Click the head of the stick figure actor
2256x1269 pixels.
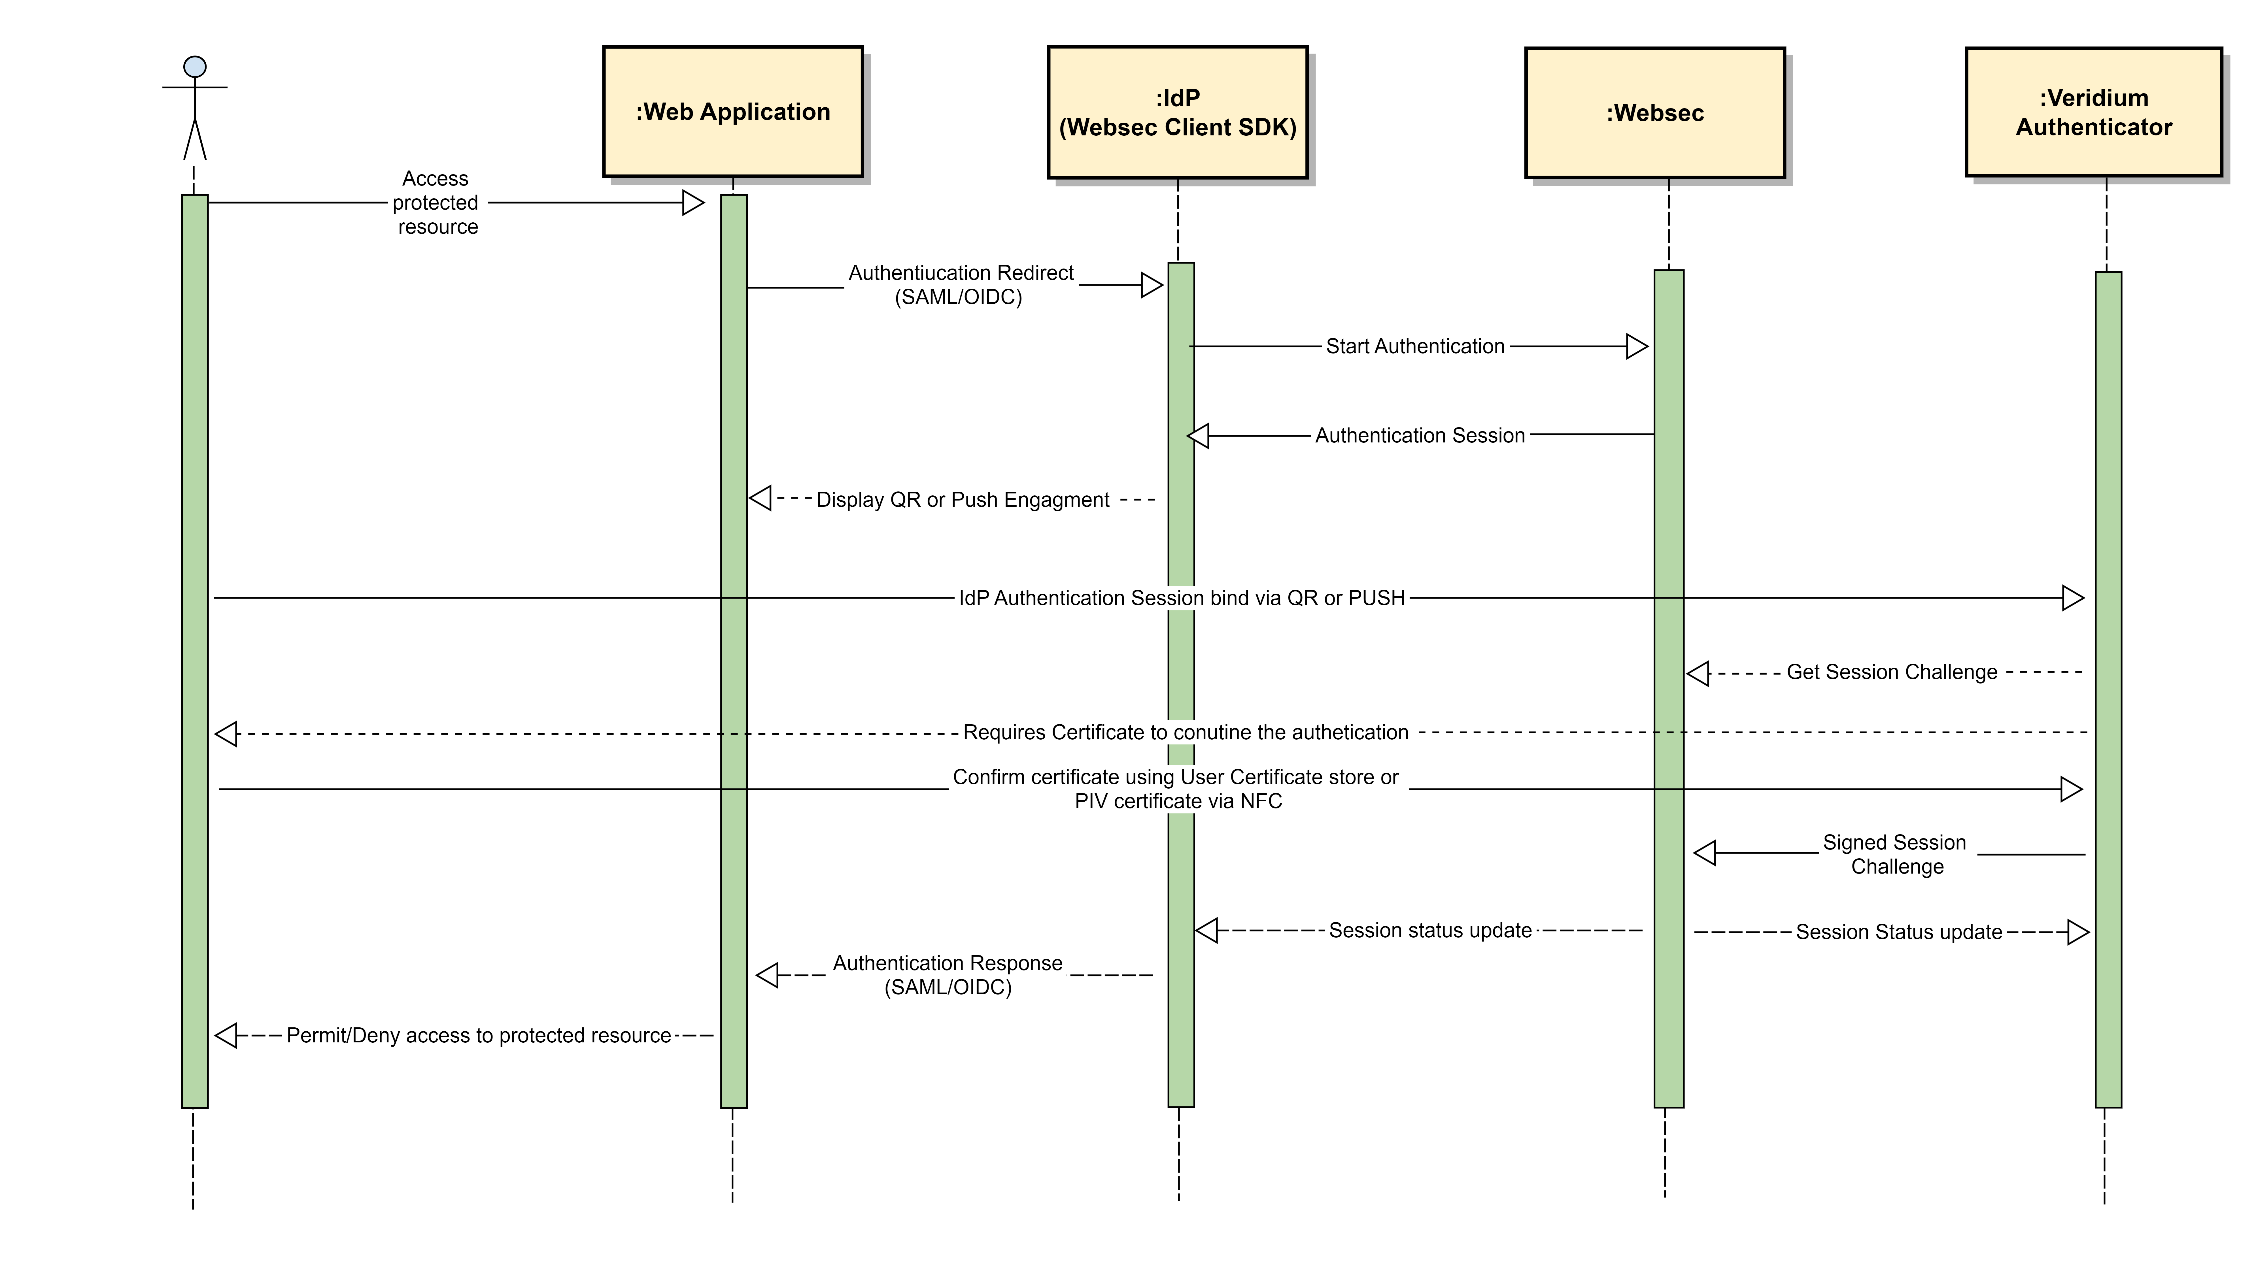pyautogui.click(x=194, y=67)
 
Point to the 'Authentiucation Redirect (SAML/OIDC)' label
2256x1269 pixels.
pyautogui.click(x=960, y=285)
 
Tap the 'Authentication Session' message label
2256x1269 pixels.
pyautogui.click(x=1420, y=435)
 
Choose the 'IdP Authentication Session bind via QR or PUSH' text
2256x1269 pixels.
pyautogui.click(x=1182, y=598)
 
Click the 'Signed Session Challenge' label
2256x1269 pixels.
pyautogui.click(x=1895, y=854)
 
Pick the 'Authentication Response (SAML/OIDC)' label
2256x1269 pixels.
pyautogui.click(x=948, y=975)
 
